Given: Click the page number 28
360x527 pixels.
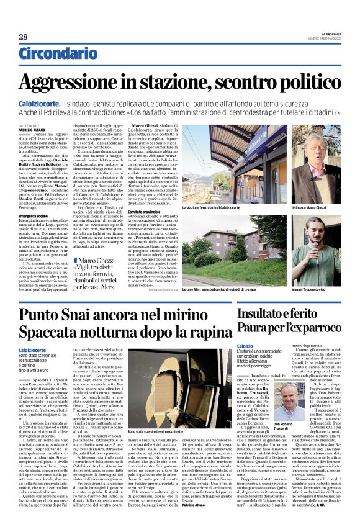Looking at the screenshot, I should (x=23, y=37).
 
